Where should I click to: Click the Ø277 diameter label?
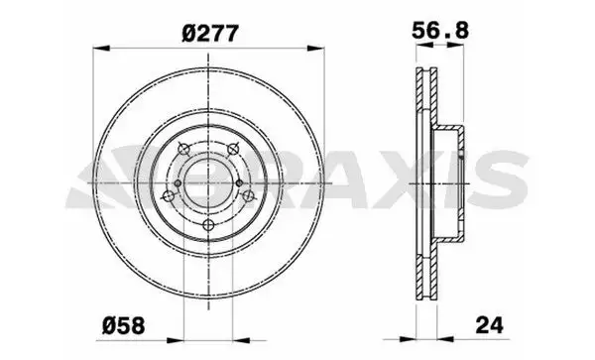210,34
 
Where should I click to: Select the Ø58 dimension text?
123,325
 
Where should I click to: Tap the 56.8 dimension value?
440,31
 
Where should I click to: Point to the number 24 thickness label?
490,325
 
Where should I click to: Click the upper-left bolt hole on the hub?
183,150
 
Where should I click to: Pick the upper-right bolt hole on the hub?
233,150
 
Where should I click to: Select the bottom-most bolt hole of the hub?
208,225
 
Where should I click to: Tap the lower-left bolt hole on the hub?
168,196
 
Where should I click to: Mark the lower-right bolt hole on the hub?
249,196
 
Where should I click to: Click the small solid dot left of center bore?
178,183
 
